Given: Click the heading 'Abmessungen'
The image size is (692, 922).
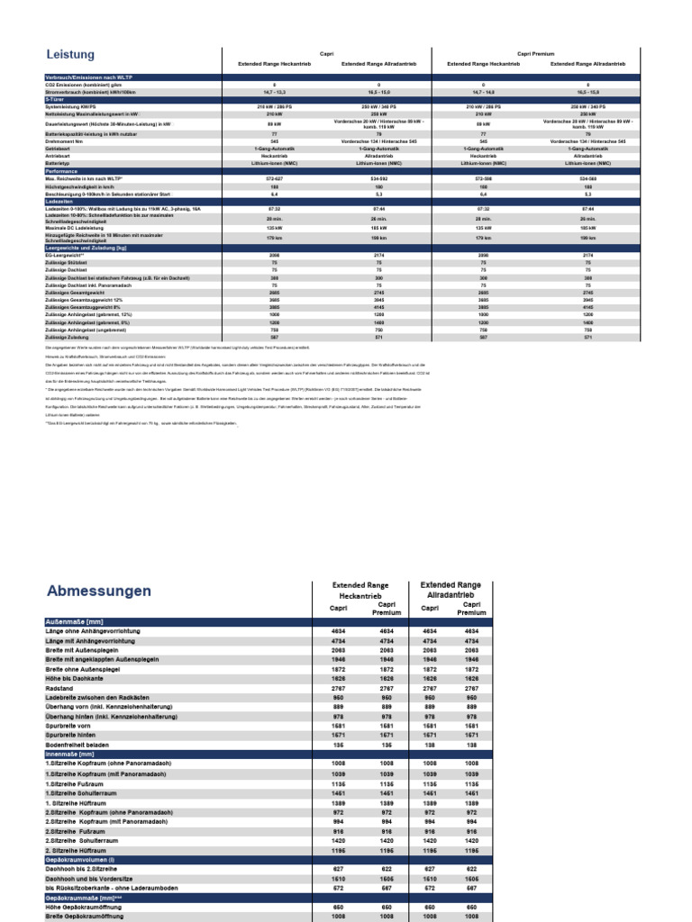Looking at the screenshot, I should click(x=97, y=591).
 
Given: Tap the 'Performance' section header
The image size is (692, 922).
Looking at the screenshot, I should click(x=61, y=169).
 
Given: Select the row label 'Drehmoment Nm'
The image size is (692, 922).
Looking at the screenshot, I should click(x=65, y=140).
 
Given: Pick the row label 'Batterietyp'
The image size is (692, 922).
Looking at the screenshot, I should click(x=59, y=163).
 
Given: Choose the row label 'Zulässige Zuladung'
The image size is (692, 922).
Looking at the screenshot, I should click(x=67, y=337).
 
